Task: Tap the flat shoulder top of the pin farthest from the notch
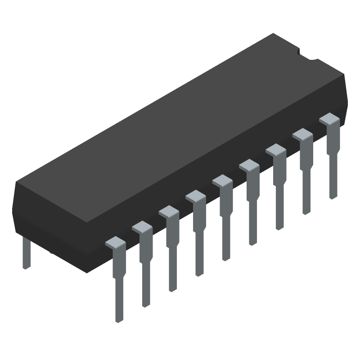pyautogui.click(x=115, y=243)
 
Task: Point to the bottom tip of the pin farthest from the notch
pyautogui.click(x=119, y=319)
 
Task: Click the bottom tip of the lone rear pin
pyautogui.click(x=27, y=267)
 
